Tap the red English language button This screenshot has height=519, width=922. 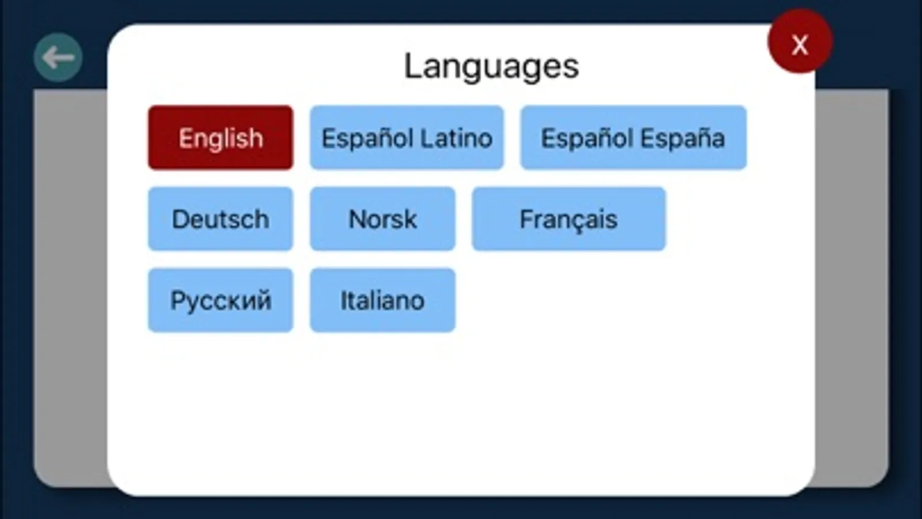tap(221, 137)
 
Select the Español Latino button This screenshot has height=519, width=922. tap(407, 137)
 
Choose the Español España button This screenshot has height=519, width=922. tap(634, 137)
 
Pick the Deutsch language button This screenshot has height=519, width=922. tap(221, 219)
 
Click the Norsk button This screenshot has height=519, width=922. tap(383, 219)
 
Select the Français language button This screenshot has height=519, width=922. tap(569, 219)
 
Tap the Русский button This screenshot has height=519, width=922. tap(221, 300)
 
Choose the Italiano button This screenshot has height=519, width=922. tap(383, 300)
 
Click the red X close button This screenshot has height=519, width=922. tap(800, 42)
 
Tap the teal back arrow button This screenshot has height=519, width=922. tap(58, 57)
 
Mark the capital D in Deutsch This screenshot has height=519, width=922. tap(180, 219)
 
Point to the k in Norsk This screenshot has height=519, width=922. tap(409, 219)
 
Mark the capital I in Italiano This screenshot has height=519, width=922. tap(343, 300)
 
